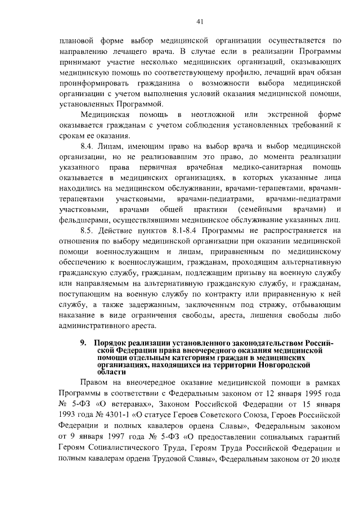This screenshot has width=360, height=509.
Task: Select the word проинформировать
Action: [89, 83]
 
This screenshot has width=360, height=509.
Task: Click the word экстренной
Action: [276, 115]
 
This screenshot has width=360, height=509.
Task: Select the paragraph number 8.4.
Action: [89, 146]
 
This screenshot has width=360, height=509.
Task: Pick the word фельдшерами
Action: [81, 220]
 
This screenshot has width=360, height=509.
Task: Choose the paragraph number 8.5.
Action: [89, 231]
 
